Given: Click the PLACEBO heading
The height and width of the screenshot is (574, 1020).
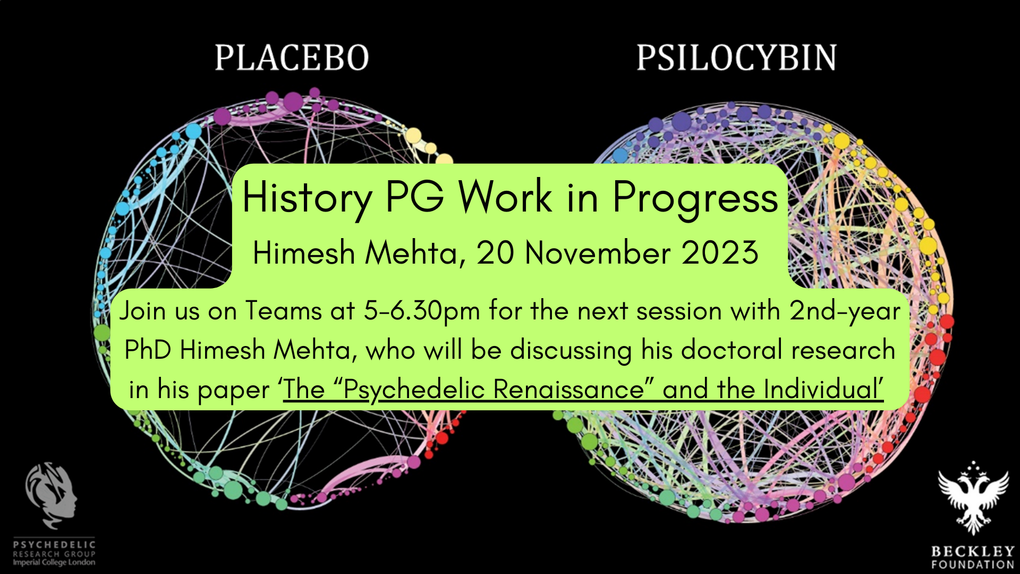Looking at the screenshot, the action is [x=292, y=57].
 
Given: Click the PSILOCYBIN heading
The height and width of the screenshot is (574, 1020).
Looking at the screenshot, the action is [x=736, y=57].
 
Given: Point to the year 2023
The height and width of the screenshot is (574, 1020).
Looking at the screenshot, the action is [x=720, y=252].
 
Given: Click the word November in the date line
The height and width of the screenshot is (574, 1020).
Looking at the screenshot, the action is [x=598, y=252].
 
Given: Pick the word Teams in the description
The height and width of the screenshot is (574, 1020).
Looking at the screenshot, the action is [x=283, y=310].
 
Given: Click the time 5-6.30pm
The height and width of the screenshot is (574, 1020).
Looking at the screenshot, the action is [x=422, y=311].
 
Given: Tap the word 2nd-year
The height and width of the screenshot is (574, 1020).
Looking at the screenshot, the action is [x=845, y=311].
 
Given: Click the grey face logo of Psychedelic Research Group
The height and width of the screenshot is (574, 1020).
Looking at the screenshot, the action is [x=52, y=495].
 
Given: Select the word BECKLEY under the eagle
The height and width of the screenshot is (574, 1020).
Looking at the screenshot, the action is [x=973, y=551].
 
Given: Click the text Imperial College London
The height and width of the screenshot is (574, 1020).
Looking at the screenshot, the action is [x=54, y=562].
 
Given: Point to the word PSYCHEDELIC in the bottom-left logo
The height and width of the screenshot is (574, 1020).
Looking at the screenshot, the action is [x=54, y=545].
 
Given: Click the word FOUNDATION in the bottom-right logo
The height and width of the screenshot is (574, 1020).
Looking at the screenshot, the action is [x=973, y=564].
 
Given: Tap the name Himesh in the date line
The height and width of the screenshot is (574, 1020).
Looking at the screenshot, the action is [x=303, y=252].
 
